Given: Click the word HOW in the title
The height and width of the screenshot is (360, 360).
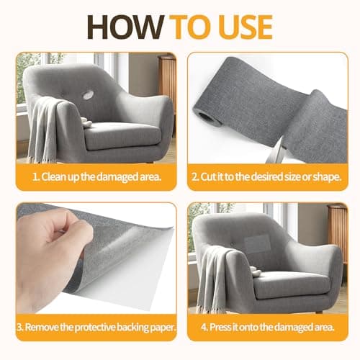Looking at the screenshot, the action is pyautogui.click(x=125, y=27).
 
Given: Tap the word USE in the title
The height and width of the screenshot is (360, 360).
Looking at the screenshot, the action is pyautogui.click(x=246, y=27).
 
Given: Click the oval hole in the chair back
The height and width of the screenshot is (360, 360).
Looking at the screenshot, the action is pyautogui.click(x=88, y=95).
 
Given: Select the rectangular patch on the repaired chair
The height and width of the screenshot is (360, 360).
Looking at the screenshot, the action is pyautogui.click(x=257, y=242).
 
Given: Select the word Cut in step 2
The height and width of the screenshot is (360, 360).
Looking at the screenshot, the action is pyautogui.click(x=208, y=177).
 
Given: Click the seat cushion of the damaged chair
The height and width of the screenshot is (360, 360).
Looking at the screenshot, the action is pyautogui.click(x=122, y=135).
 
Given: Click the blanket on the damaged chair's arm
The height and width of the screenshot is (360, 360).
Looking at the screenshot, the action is pyautogui.click(x=45, y=130).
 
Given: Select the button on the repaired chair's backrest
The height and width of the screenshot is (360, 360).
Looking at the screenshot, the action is pyautogui.click(x=232, y=244).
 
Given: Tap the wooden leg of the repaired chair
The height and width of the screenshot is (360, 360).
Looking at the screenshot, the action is pyautogui.click(x=319, y=312).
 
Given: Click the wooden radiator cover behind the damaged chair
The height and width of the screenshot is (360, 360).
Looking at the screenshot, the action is pyautogui.click(x=167, y=79).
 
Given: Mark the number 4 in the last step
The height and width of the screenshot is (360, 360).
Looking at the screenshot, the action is pyautogui.click(x=204, y=328).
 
